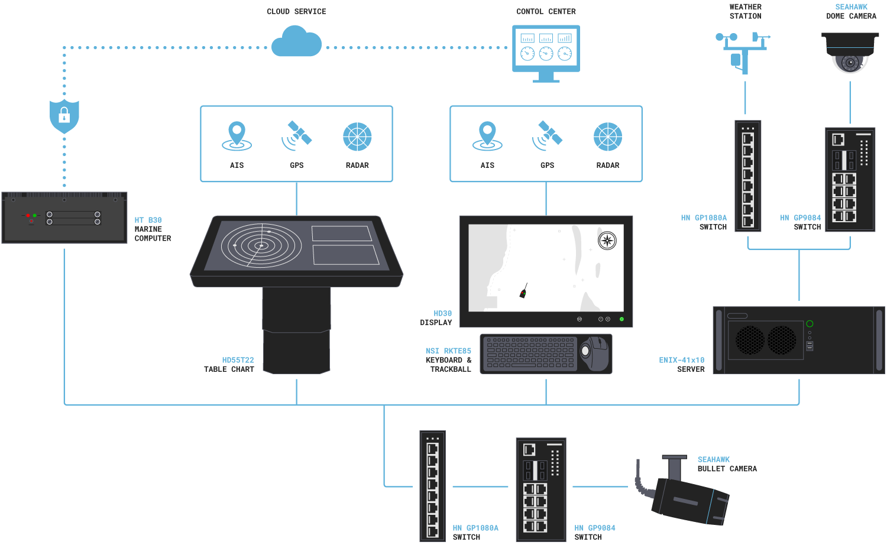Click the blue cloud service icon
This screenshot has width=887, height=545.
click(x=296, y=43)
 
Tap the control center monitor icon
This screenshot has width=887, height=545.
click(x=546, y=52)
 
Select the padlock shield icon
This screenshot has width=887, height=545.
click(x=64, y=116)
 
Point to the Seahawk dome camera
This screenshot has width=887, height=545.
click(x=850, y=53)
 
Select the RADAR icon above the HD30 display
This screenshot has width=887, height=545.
click(x=607, y=137)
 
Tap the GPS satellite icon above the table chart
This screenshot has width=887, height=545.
click(x=297, y=136)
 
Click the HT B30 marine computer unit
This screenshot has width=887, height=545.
click(x=64, y=218)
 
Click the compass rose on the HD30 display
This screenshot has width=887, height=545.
click(x=607, y=241)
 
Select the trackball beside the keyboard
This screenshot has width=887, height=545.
click(x=594, y=352)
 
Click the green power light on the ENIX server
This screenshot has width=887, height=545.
click(x=810, y=323)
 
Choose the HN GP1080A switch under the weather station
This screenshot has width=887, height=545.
click(x=747, y=176)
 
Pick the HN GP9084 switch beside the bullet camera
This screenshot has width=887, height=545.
click(x=540, y=489)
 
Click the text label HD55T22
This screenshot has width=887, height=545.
click(x=238, y=360)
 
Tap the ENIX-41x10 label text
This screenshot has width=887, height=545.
click(x=681, y=360)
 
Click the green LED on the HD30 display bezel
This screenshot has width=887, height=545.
click(x=621, y=319)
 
